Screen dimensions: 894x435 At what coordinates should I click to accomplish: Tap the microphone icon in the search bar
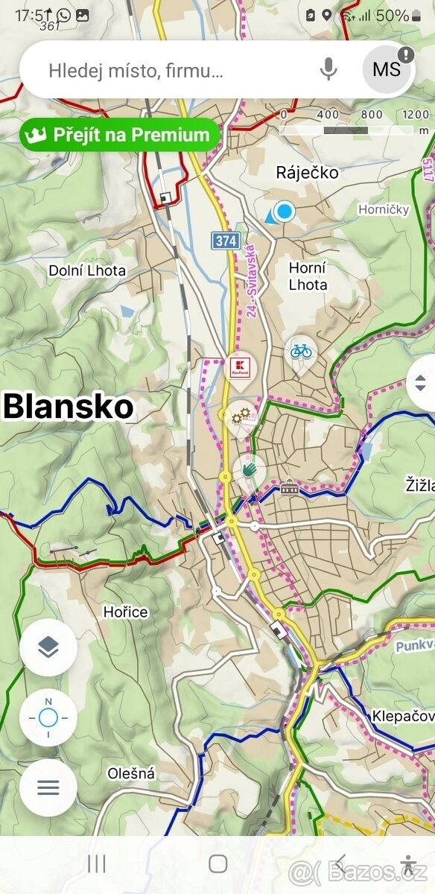click(x=328, y=70)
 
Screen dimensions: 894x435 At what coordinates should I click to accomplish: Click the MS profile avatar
click(x=387, y=70)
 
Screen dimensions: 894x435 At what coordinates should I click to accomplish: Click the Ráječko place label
click(x=307, y=173)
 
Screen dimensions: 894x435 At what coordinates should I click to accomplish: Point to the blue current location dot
click(x=284, y=212)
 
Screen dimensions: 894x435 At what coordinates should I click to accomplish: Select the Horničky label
click(x=384, y=209)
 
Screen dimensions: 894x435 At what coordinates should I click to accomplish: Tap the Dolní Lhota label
click(x=87, y=270)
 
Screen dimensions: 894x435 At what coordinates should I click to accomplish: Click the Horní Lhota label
click(x=308, y=276)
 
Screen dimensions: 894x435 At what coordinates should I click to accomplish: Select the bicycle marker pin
click(x=301, y=352)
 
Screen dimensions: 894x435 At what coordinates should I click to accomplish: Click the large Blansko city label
click(x=69, y=407)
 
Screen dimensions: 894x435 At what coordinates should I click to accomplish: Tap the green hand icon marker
click(x=249, y=469)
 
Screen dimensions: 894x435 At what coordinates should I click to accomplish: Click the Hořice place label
click(x=125, y=612)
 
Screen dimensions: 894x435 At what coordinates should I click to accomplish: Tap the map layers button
click(x=48, y=647)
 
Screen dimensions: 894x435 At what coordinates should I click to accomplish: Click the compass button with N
click(x=48, y=717)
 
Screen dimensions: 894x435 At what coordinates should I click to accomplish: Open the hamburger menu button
click(x=48, y=787)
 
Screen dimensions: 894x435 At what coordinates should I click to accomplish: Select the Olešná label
click(x=131, y=773)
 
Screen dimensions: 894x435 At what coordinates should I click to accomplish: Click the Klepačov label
click(x=403, y=717)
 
